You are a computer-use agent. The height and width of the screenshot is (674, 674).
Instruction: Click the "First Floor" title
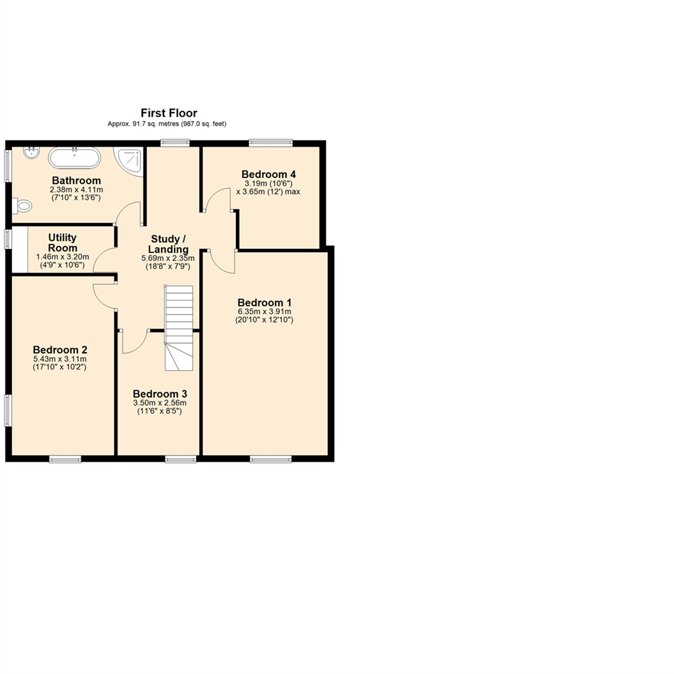168,113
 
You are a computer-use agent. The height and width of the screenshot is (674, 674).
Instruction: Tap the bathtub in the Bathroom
74,158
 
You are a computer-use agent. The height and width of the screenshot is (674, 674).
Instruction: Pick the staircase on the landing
178,328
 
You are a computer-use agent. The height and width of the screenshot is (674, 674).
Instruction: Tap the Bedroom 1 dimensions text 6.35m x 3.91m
265,311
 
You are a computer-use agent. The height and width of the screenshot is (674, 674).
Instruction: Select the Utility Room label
62,243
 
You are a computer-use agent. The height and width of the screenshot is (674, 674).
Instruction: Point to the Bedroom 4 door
218,200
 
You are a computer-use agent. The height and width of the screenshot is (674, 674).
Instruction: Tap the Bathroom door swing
129,213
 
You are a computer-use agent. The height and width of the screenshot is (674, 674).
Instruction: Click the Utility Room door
104,260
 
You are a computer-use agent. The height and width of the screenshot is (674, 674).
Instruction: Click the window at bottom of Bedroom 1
270,460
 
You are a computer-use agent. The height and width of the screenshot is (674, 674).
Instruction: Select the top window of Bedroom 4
270,142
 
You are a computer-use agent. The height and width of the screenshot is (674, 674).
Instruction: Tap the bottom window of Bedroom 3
180,460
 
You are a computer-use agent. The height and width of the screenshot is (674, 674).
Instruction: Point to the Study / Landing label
168,244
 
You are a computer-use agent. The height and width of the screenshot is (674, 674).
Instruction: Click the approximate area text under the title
167,124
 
